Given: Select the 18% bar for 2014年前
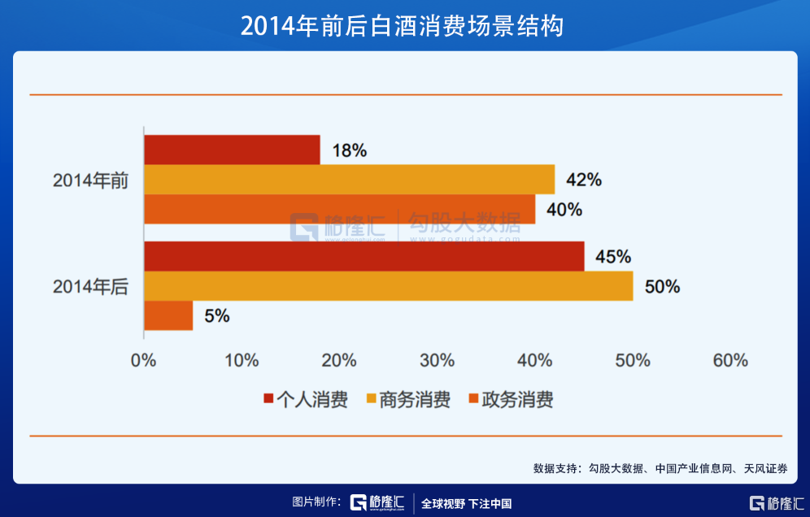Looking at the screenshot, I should click(x=232, y=150).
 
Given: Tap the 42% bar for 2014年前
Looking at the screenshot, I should click(x=349, y=180).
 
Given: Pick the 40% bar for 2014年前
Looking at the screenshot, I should click(x=339, y=209).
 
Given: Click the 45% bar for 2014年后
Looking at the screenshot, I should click(x=364, y=256).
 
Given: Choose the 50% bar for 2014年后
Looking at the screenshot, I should click(x=388, y=286).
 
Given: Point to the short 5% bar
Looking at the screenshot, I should click(x=168, y=315).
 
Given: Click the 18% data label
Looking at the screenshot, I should click(x=350, y=150).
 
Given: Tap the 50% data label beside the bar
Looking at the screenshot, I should click(x=662, y=287).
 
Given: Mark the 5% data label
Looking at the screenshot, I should click(x=217, y=316).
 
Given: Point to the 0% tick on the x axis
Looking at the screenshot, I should click(x=144, y=360).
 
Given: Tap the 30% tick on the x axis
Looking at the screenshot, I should click(x=438, y=360).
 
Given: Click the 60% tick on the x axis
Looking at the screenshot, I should click(x=730, y=360).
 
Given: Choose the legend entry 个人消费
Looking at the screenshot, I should click(x=305, y=400).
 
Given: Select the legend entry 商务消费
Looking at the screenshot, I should click(x=408, y=400).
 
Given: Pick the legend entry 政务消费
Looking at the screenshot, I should click(x=511, y=400).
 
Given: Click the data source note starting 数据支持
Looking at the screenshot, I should click(x=660, y=468).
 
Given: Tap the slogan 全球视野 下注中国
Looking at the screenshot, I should click(x=466, y=503).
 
